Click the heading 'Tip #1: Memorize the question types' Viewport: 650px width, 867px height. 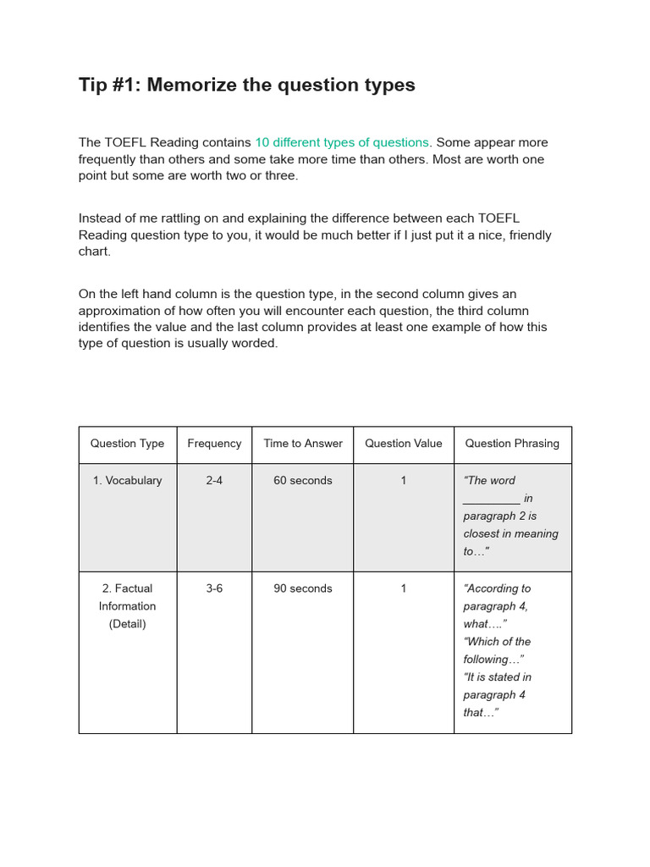(246, 85)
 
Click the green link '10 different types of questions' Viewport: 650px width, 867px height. (342, 142)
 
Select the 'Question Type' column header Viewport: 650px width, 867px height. (127, 444)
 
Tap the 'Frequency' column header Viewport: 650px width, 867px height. (214, 444)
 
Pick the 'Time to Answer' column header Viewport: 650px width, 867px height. (303, 444)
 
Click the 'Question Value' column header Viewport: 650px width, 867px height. (403, 444)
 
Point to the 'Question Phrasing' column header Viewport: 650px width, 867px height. (512, 444)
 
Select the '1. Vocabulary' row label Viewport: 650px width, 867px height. (127, 481)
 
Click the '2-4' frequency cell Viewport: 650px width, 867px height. (214, 481)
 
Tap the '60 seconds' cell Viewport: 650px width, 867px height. (303, 481)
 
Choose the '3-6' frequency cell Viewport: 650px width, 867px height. (214, 588)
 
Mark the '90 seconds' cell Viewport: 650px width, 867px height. (303, 588)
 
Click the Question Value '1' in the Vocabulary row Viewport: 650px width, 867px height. (404, 481)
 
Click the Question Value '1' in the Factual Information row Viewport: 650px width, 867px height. (404, 588)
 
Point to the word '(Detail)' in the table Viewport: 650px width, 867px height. (127, 624)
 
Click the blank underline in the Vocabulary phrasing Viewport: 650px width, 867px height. (492, 501)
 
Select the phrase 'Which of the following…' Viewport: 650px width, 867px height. (497, 650)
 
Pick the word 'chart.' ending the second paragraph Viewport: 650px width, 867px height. (95, 251)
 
